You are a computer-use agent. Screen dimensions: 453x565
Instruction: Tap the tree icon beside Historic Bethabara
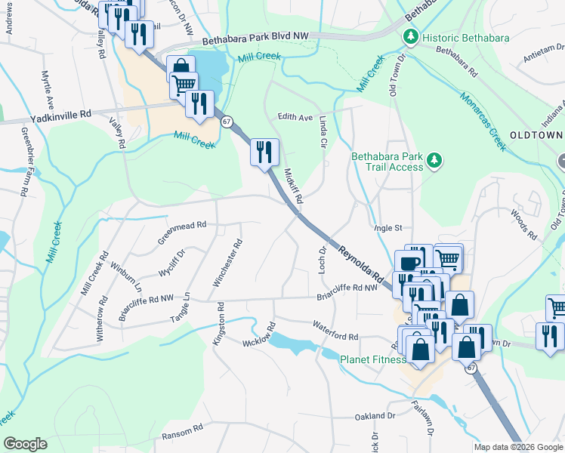point(411,36)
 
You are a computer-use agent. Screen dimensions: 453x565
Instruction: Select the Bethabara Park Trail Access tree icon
point(434,159)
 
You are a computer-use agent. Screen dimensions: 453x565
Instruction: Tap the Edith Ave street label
point(295,117)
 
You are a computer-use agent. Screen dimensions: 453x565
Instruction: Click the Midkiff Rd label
point(293,186)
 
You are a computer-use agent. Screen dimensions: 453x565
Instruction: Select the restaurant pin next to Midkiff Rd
point(264,153)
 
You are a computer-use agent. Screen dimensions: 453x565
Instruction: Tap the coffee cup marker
point(409,263)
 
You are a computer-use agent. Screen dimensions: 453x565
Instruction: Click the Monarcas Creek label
point(482,118)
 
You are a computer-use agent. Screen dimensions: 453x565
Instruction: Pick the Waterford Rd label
point(335,330)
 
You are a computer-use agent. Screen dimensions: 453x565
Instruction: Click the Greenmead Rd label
point(181,225)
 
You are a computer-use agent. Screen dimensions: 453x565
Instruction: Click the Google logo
point(25,444)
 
